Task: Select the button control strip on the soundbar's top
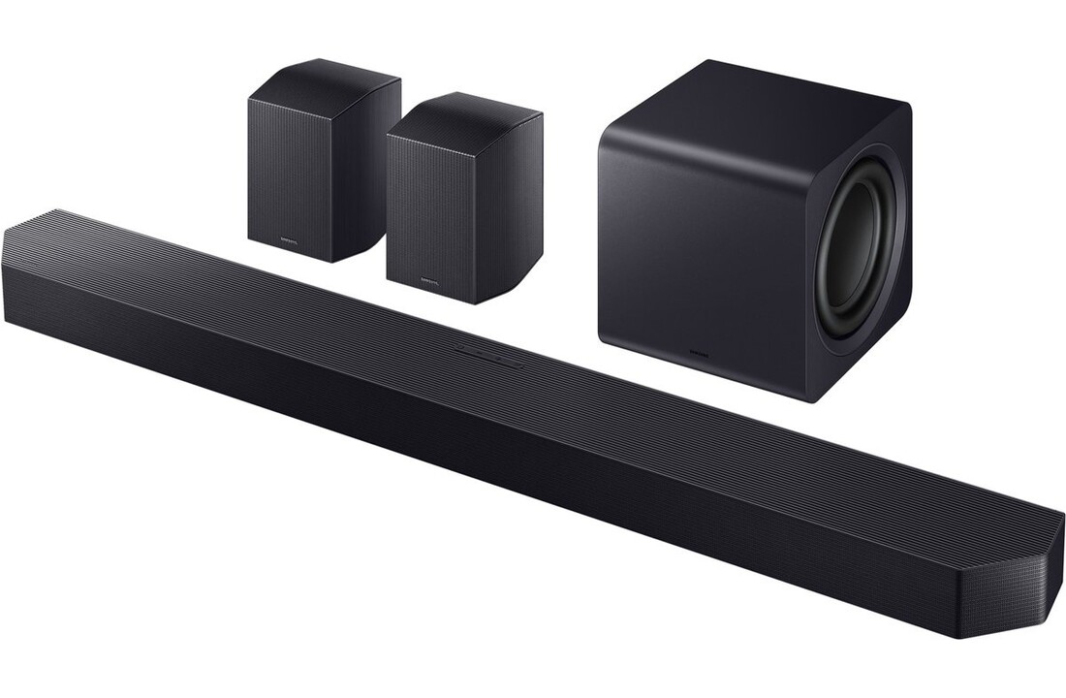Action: [x=488, y=355]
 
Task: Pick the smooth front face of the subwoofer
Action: [x=703, y=242]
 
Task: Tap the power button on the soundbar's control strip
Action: [x=462, y=350]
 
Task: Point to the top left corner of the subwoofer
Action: [x=606, y=131]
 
